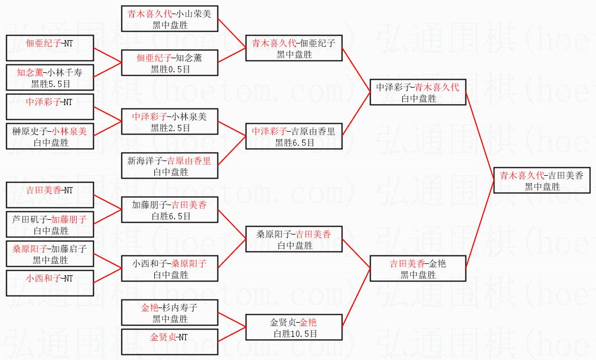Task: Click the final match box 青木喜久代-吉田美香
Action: pos(542,180)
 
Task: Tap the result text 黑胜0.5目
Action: pos(169,69)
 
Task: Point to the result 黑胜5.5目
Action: pos(50,84)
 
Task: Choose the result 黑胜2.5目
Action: pos(169,128)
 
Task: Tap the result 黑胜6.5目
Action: pos(294,142)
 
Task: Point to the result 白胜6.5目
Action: pos(169,216)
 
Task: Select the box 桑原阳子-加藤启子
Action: pos(50,254)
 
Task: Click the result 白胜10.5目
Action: pos(294,333)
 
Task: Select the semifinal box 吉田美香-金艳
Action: pos(417,268)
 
